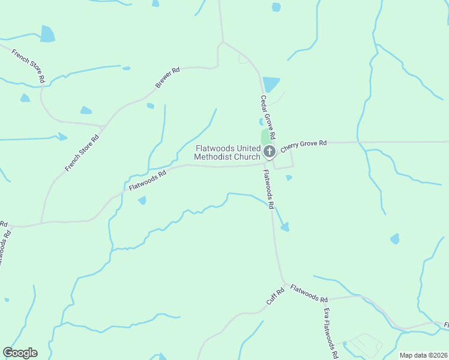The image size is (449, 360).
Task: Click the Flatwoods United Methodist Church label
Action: (227, 152)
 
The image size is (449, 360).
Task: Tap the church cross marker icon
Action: (270, 151)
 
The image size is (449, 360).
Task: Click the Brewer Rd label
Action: (167, 79)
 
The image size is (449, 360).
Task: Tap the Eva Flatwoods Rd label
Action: (330, 329)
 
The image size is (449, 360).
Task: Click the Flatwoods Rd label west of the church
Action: (147, 181)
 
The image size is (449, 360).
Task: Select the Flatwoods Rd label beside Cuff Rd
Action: (309, 293)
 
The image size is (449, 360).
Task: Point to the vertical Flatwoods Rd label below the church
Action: (268, 189)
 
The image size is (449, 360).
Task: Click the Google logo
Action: (20, 353)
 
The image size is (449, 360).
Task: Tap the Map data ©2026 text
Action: (423, 355)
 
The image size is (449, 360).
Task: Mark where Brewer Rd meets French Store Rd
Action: (104, 127)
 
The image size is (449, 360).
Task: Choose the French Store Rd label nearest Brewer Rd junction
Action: (82, 152)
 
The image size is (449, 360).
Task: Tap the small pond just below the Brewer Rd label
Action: (150, 106)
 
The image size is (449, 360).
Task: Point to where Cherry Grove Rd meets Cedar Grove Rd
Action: (277, 143)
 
